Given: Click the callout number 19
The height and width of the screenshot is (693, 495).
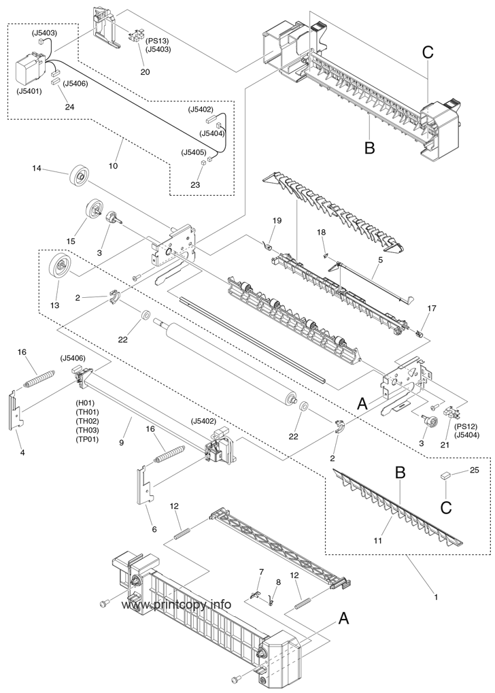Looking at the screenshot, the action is pyautogui.click(x=277, y=220).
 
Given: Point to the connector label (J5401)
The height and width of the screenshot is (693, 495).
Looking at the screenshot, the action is pyautogui.click(x=29, y=92).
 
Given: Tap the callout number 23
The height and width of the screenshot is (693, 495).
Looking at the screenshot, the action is pyautogui.click(x=195, y=185).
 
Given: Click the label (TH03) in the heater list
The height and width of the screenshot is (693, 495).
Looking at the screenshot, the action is pyautogui.click(x=88, y=430).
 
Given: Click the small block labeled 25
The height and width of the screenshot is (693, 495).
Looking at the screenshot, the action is pyautogui.click(x=445, y=475).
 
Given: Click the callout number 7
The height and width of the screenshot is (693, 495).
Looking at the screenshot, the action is pyautogui.click(x=262, y=571).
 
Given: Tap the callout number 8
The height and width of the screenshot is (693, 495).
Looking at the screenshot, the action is pyautogui.click(x=278, y=582).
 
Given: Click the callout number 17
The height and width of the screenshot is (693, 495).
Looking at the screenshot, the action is pyautogui.click(x=431, y=308).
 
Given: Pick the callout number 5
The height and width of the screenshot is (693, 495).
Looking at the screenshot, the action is pyautogui.click(x=381, y=260).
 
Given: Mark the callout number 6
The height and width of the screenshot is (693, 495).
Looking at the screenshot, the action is pyautogui.click(x=154, y=529).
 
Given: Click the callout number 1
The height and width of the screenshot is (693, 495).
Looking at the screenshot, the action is pyautogui.click(x=437, y=598).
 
